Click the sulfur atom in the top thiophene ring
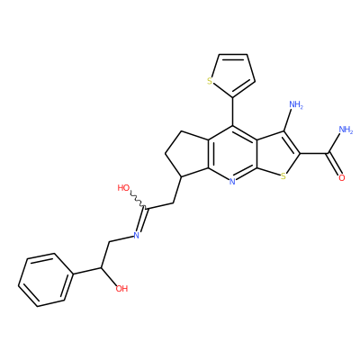pyautogui.click(x=210, y=81)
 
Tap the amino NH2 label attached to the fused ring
pyautogui.click(x=296, y=105)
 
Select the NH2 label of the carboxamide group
pyautogui.click(x=346, y=130)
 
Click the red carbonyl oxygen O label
pyautogui.click(x=341, y=178)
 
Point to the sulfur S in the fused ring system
pyautogui.click(x=283, y=176)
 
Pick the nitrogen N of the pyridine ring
pyautogui.click(x=232, y=181)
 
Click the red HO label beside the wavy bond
pyautogui.click(x=123, y=188)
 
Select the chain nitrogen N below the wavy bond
pyautogui.click(x=136, y=236)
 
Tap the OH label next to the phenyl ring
pyautogui.click(x=121, y=289)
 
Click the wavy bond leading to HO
pyautogui.click(x=139, y=200)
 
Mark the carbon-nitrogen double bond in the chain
pyautogui.click(x=142, y=220)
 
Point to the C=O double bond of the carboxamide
pyautogui.click(x=334, y=165)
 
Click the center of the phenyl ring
pyautogui.click(x=45, y=280)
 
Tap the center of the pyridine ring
pyautogui.click(x=232, y=154)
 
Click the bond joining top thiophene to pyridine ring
pyautogui.click(x=232, y=112)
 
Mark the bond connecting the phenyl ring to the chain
pyautogui.click(x=87, y=270)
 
